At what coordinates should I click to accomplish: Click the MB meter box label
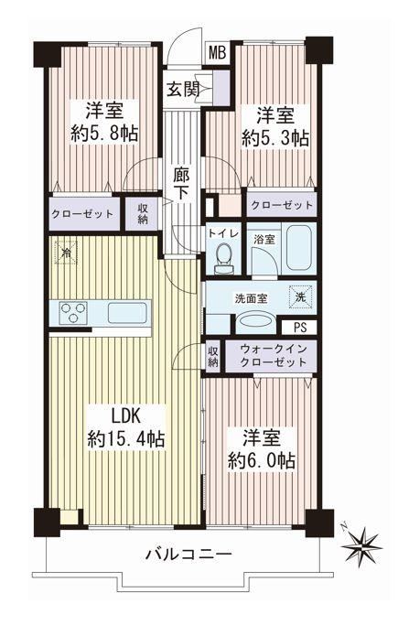(x=218, y=52)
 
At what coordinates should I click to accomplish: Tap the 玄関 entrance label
(x=183, y=89)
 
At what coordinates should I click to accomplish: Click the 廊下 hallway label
(x=182, y=184)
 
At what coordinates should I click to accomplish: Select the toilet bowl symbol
(x=223, y=259)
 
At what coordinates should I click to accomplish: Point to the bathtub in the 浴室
(x=298, y=248)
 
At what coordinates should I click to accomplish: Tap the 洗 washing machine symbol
(x=300, y=297)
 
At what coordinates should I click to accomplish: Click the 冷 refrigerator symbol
(x=67, y=253)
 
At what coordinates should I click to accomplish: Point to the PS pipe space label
(x=300, y=328)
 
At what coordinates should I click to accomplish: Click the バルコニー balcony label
(x=188, y=555)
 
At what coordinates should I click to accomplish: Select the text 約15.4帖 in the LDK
(x=126, y=439)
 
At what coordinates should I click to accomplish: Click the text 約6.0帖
(x=262, y=461)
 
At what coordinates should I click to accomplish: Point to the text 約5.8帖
(x=104, y=134)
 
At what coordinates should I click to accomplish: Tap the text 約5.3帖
(x=275, y=138)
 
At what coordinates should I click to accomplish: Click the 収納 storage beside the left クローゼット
(x=143, y=213)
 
